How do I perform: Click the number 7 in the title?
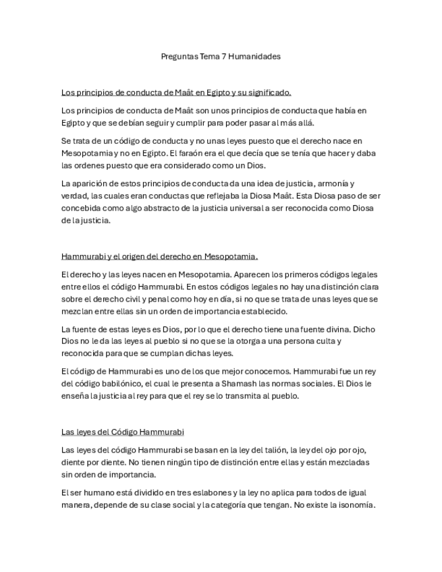pos(223,57)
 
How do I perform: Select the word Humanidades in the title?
pos(254,57)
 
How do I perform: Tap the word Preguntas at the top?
pos(179,57)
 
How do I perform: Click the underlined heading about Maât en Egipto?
pos(175,92)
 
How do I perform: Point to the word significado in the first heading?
pos(269,92)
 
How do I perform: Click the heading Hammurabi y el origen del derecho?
pos(159,256)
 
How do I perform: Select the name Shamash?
pos(252,384)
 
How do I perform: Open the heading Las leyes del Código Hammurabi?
pos(122,432)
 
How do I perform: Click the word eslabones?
pos(199,492)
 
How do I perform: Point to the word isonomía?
pos(353,505)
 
